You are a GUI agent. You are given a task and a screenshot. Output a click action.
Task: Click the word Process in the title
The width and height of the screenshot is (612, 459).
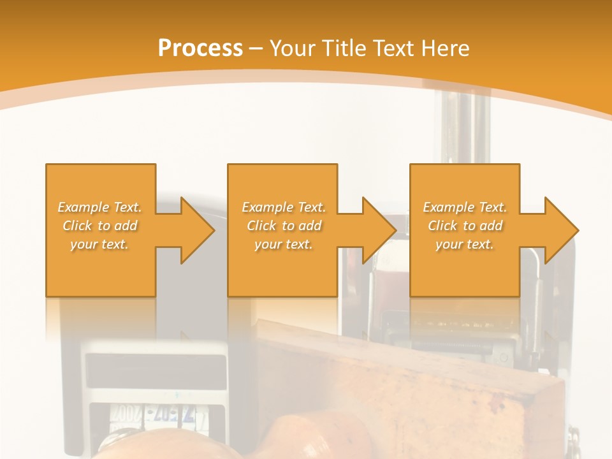(200, 48)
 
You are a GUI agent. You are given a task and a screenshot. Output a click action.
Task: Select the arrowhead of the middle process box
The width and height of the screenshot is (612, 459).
(375, 230)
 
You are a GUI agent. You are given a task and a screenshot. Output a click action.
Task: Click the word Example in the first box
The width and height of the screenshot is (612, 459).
(83, 207)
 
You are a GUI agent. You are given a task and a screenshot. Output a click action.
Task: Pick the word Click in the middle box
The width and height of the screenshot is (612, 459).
(260, 226)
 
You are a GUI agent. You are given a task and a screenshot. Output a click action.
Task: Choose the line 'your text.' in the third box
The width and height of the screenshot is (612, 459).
(465, 244)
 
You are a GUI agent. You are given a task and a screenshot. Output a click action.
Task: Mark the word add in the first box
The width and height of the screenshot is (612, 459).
(126, 226)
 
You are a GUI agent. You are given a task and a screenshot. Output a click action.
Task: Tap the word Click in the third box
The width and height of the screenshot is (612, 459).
(442, 226)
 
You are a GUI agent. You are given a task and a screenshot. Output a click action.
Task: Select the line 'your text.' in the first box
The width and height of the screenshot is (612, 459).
(99, 244)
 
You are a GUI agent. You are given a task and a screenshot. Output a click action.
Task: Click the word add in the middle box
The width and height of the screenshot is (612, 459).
(310, 226)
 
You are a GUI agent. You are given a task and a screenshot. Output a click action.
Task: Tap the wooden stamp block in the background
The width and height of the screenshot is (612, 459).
(408, 389)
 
